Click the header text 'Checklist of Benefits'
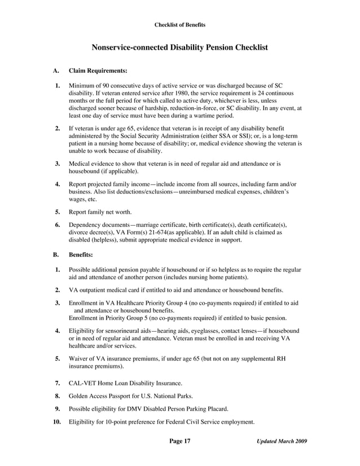[x=180, y=25]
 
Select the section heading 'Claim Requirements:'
[x=98, y=71]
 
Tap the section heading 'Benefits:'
[x=81, y=254]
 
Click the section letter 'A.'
[x=56, y=71]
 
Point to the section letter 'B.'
[x=56, y=254]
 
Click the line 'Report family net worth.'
[x=100, y=212]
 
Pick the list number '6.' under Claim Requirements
[x=58, y=225]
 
